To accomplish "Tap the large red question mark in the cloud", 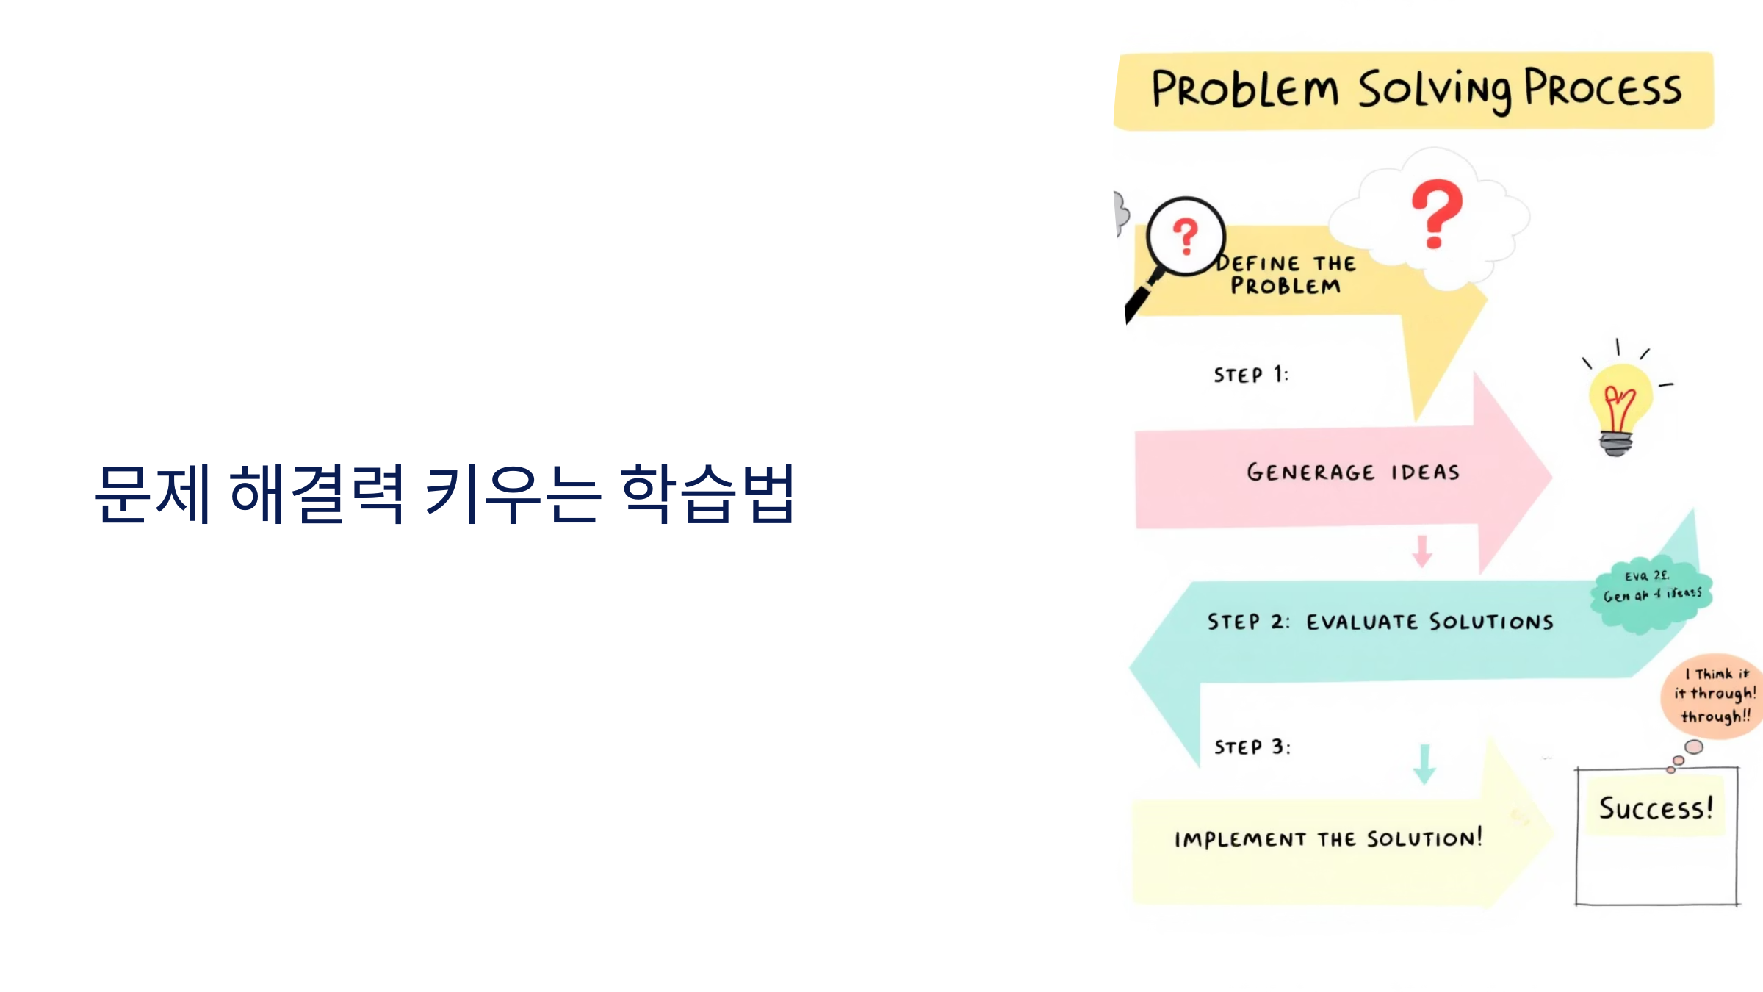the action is (x=1436, y=213).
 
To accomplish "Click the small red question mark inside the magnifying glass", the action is (x=1185, y=236).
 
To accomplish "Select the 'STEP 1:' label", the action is (x=1250, y=375).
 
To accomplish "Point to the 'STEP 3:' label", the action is (x=1252, y=747).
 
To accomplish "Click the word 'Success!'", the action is (x=1656, y=808).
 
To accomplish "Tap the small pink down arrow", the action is (x=1422, y=551).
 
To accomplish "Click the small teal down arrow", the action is (x=1424, y=764).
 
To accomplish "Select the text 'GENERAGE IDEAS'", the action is (x=1353, y=472).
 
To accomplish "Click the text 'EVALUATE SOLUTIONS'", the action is (x=1429, y=622).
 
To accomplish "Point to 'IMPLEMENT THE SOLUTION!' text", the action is (x=1328, y=838).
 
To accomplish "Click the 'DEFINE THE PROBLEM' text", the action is (x=1286, y=275).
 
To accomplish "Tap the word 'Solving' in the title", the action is (x=1433, y=90).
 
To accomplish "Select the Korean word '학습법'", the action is (x=707, y=494).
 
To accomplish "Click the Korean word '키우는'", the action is (x=513, y=494).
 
